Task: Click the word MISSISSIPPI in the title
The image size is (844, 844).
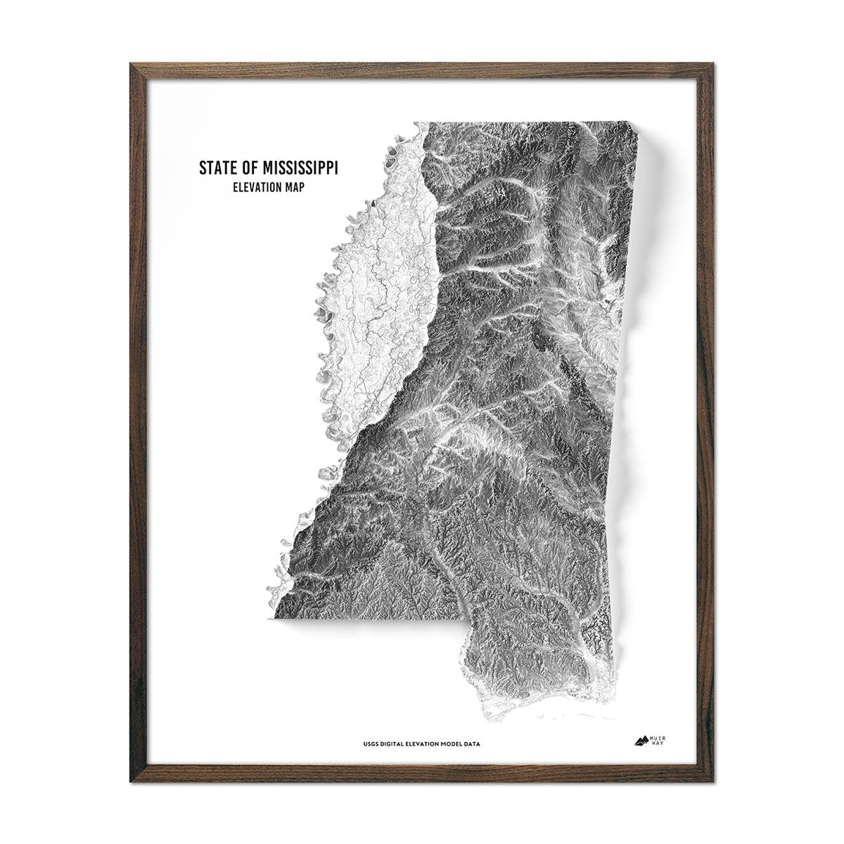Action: (299, 169)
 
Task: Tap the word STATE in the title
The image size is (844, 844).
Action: (217, 169)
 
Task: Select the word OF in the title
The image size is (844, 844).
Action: (250, 169)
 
